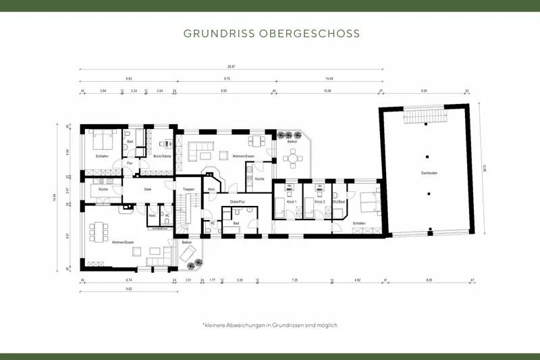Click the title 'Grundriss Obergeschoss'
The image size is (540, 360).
[271, 33]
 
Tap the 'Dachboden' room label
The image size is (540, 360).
[429, 174]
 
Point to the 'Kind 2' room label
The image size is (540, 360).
[319, 201]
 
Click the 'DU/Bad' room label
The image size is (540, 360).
[339, 201]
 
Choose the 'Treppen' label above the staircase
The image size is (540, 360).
[189, 189]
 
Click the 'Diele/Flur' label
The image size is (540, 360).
[238, 201]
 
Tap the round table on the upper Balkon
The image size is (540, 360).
[292, 159]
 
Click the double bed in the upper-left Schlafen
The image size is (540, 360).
[103, 141]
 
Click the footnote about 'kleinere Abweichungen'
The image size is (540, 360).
[270, 325]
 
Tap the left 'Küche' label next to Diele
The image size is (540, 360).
[103, 189]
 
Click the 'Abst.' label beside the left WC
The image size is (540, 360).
[153, 215]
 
